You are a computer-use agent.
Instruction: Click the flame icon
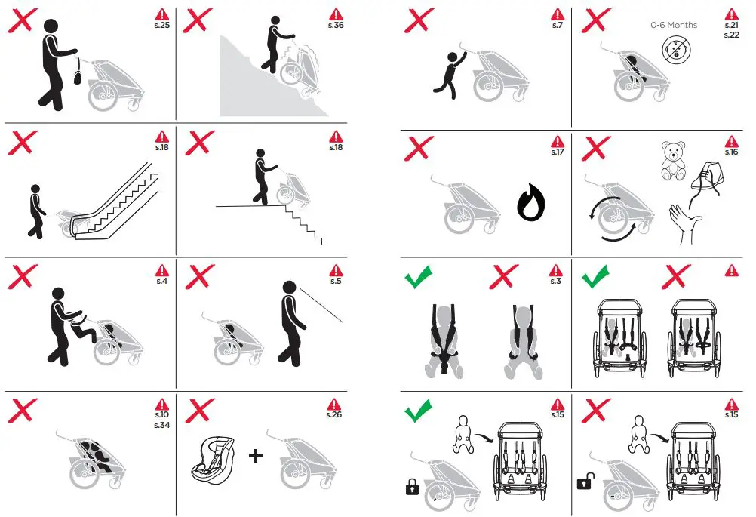(x=531, y=202)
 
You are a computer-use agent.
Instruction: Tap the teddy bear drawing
(x=673, y=161)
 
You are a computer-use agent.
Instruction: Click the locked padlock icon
(x=412, y=487)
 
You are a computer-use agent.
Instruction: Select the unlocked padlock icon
(x=585, y=481)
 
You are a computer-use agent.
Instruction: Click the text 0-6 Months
(x=674, y=25)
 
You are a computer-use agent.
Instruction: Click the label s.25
(x=162, y=25)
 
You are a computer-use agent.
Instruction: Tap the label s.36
(x=336, y=25)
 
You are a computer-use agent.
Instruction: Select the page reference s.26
(x=333, y=414)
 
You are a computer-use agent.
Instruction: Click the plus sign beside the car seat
(x=256, y=455)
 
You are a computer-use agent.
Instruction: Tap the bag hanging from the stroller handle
(x=78, y=75)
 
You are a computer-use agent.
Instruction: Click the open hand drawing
(x=684, y=223)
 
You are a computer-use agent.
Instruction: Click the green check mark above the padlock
(x=418, y=410)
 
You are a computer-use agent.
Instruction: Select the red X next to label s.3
(x=504, y=276)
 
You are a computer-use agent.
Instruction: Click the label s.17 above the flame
(x=558, y=152)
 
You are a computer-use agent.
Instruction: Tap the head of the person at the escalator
(x=35, y=189)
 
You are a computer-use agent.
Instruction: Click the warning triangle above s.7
(x=558, y=14)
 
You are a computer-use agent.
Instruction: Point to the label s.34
(x=162, y=425)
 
